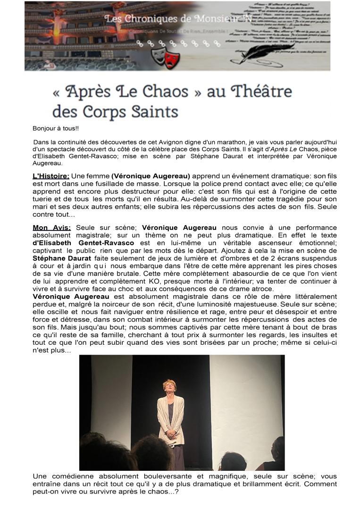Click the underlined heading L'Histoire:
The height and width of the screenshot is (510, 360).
coord(51,176)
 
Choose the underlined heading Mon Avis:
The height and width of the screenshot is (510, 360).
coord(52,228)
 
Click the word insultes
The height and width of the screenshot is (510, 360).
coord(305,335)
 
